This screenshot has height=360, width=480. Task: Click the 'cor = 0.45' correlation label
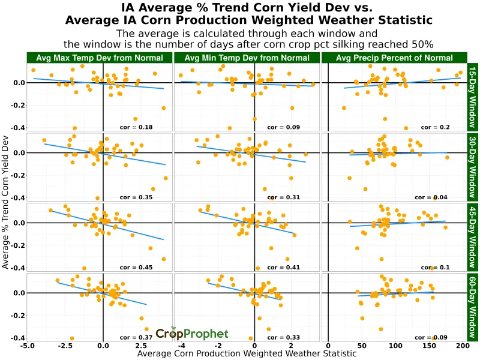click(x=137, y=267)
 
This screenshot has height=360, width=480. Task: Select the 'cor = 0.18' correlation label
click(x=137, y=127)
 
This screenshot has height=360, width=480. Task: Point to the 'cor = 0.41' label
click(x=284, y=267)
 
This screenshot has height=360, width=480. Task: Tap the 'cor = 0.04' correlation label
click(x=434, y=197)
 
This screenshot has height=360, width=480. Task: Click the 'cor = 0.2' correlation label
click(x=436, y=127)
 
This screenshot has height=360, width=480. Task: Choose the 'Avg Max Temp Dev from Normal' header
click(x=99, y=58)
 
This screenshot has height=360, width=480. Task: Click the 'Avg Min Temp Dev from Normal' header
click(x=247, y=58)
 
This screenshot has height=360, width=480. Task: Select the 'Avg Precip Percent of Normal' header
click(x=394, y=58)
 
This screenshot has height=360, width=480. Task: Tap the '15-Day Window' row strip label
click(x=473, y=97)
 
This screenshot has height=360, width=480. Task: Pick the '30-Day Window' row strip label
click(x=473, y=167)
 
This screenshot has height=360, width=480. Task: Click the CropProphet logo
click(x=192, y=334)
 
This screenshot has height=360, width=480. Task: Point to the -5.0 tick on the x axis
click(x=27, y=346)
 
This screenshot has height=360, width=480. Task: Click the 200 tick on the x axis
click(x=462, y=346)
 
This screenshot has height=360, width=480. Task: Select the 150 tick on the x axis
click(x=428, y=346)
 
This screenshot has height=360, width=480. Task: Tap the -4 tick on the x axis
click(x=181, y=346)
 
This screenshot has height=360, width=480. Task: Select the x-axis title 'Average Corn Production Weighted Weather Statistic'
click(x=247, y=354)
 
